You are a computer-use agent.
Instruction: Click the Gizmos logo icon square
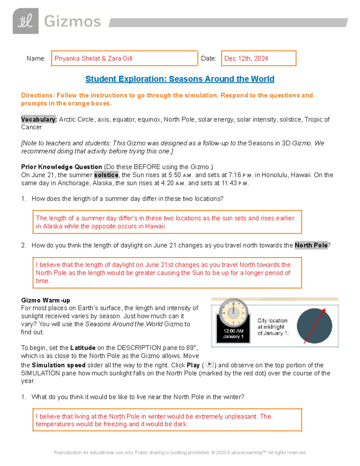coord(25,21)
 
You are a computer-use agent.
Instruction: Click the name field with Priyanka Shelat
coord(124,58)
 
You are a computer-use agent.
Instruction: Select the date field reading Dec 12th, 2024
coord(258,58)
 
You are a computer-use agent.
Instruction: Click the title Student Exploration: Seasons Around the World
coord(180,79)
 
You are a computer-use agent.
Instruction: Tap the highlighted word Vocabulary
coord(38,119)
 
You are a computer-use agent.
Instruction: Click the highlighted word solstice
coord(106,175)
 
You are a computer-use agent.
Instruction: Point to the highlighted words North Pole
coord(311,245)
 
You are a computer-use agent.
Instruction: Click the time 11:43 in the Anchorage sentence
coord(229,183)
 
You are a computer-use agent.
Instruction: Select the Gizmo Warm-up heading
coord(46,300)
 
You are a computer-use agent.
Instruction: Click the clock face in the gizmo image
coord(233,313)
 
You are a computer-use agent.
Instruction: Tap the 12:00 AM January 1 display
coord(233,334)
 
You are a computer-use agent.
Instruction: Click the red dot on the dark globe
coord(324,311)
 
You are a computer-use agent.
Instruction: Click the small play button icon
coord(209,364)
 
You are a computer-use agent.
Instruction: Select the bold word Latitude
coord(83,348)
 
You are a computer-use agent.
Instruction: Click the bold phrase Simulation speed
coord(58,365)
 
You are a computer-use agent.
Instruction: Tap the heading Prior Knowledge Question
coord(61,167)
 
